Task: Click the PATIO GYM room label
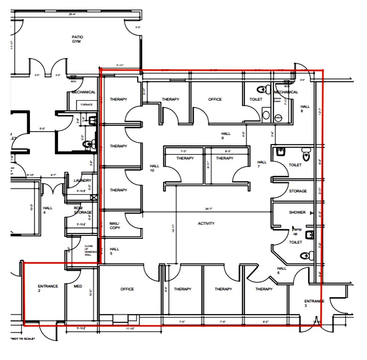point(77,39)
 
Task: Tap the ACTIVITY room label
point(206,223)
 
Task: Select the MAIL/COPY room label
point(114,226)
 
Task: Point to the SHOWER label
point(297,213)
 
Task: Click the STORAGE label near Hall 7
point(298,191)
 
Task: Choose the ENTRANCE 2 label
point(48,289)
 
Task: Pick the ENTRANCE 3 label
point(314,303)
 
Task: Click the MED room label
point(78,286)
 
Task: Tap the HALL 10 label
point(154,168)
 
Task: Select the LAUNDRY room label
point(83,180)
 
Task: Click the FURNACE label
point(87,105)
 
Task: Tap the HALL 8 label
point(305,108)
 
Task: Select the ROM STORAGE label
point(83,210)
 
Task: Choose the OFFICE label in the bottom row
point(127,289)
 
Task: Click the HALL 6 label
point(282,270)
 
